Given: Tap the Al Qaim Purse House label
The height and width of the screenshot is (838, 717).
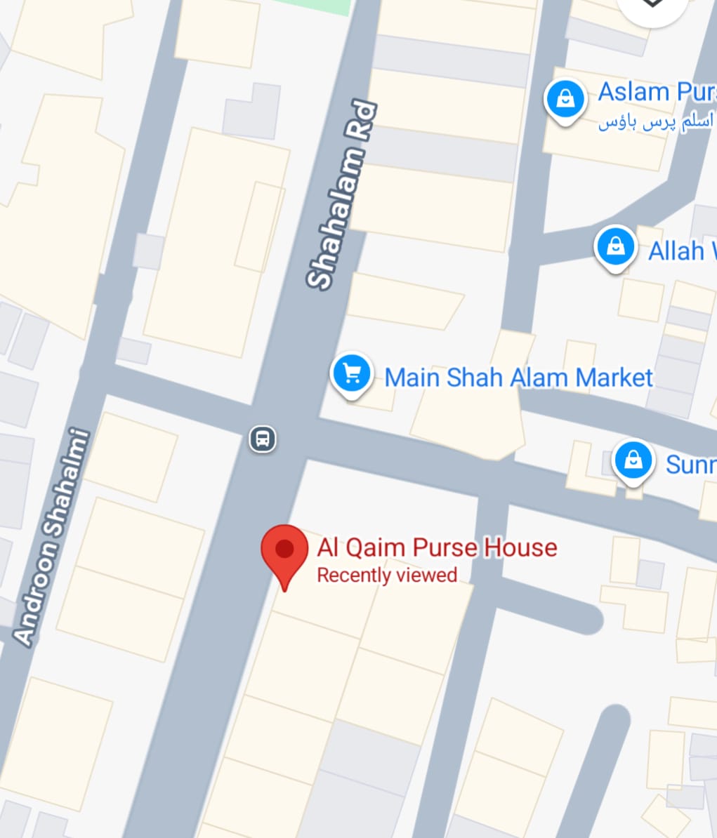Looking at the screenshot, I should [437, 547].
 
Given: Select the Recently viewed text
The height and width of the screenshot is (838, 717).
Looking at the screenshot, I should [387, 576].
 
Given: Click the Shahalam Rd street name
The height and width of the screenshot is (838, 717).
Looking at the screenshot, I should [342, 197].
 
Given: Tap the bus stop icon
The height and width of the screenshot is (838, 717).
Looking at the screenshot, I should [263, 439].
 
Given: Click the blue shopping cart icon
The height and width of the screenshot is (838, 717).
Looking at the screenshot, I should [352, 374].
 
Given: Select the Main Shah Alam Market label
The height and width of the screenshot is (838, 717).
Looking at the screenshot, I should [518, 378].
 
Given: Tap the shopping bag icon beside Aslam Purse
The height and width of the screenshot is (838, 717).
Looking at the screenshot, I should [565, 100].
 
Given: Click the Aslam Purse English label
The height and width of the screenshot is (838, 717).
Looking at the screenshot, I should [656, 92].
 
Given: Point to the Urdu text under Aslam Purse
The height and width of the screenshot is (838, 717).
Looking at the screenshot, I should [656, 123].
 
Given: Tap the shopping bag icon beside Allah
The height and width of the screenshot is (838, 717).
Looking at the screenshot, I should [615, 247].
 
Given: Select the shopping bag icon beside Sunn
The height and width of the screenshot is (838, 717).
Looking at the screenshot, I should [633, 461].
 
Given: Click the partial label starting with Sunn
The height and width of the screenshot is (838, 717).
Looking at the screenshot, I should [690, 464].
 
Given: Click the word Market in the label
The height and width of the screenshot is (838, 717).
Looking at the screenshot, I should [614, 378].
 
